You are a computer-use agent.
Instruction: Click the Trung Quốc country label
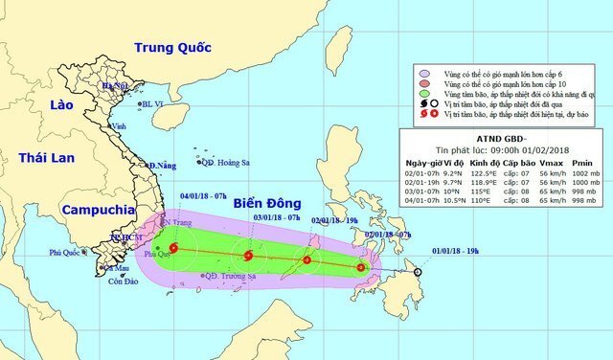(x=172, y=47)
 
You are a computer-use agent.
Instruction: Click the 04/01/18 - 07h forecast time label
(x=203, y=195)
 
